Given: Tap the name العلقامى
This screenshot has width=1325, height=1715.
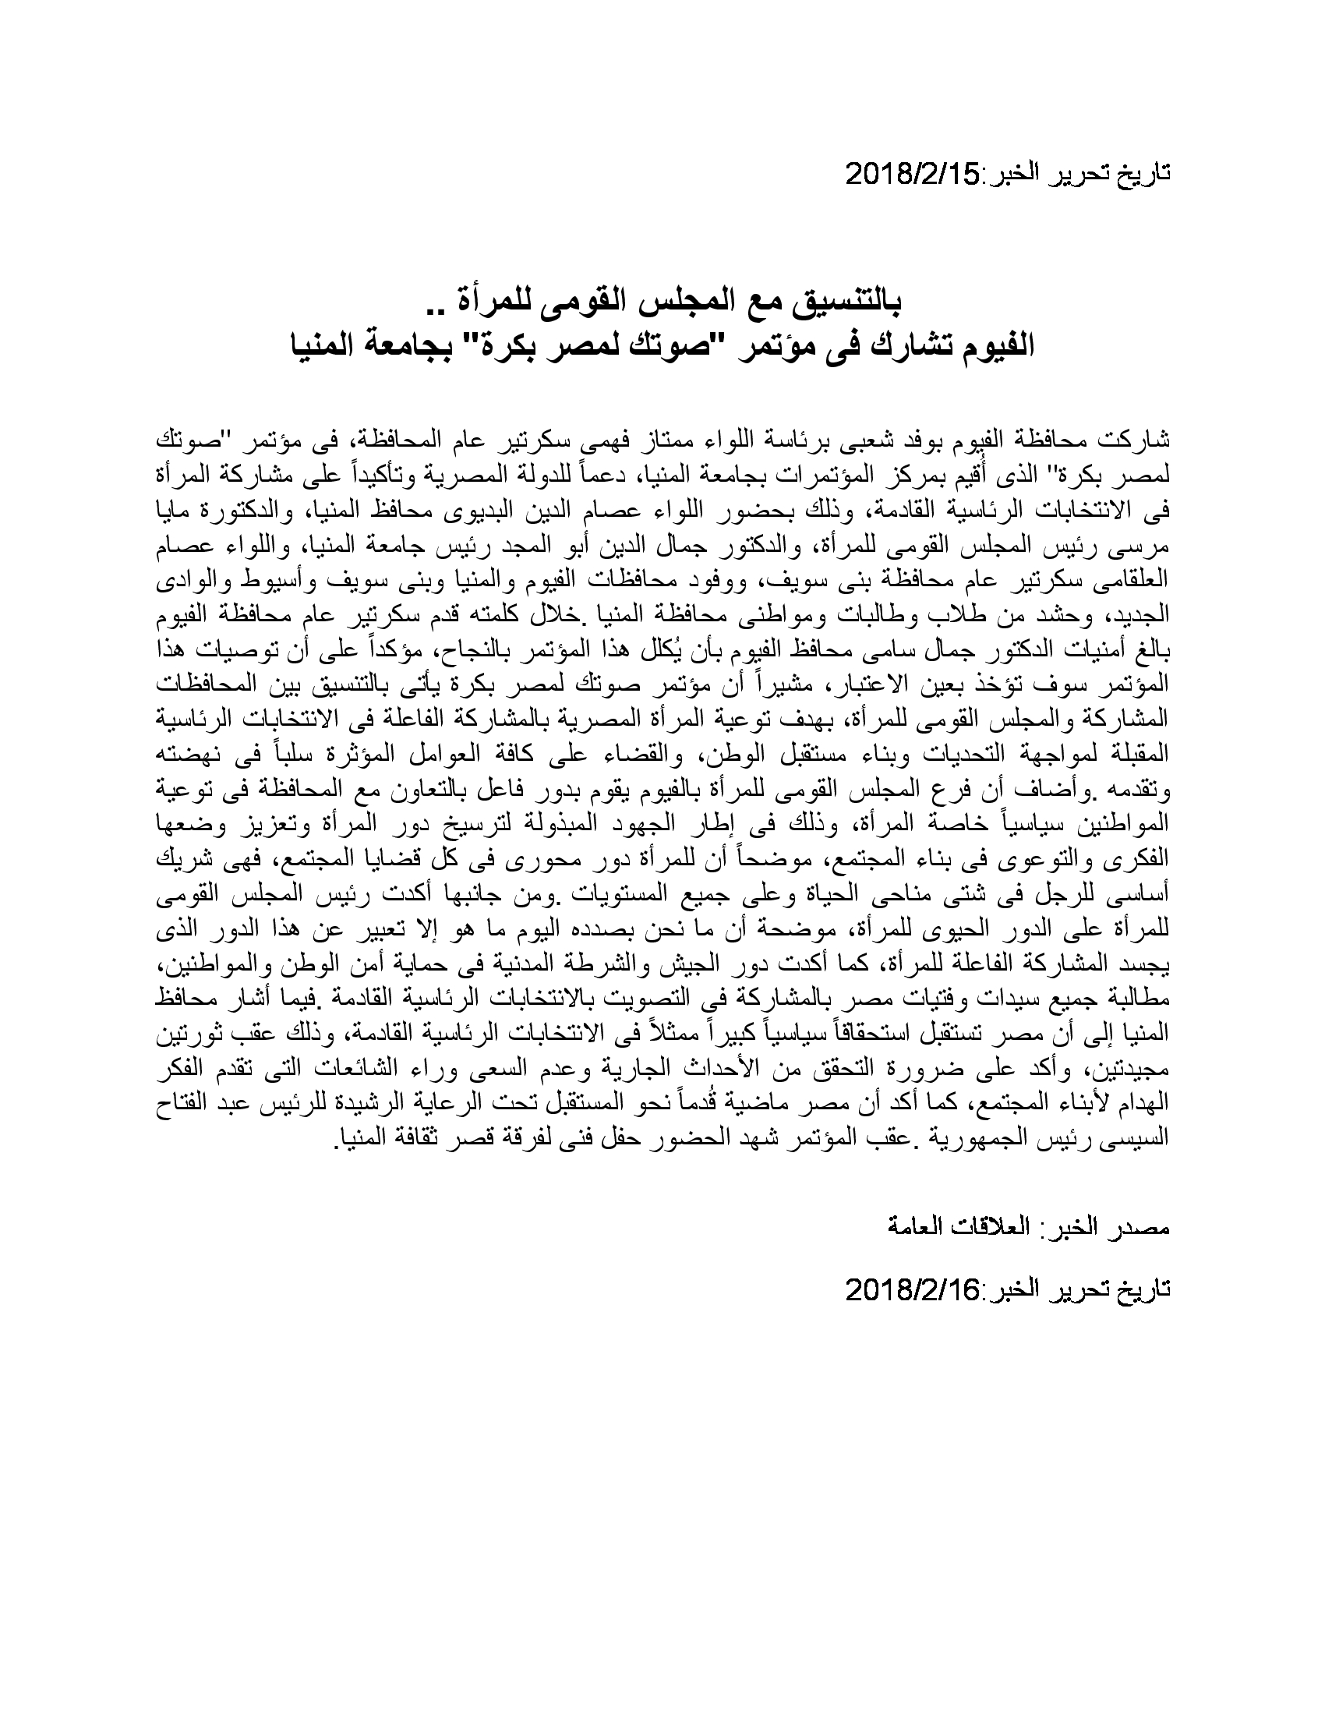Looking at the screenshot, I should [1131, 582].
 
